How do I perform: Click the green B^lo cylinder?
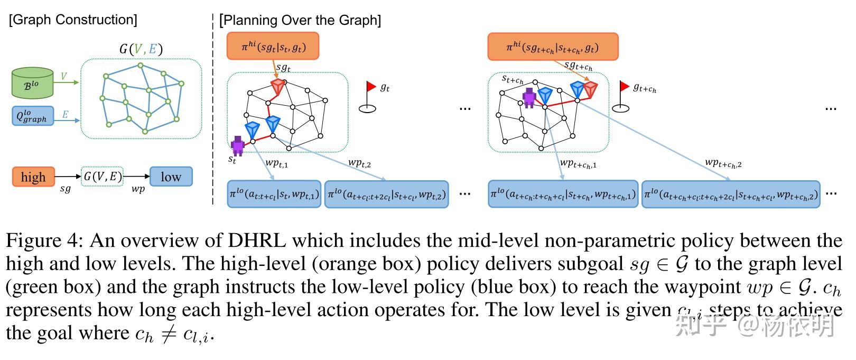pos(32,83)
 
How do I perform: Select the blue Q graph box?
pos(32,116)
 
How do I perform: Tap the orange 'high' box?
pos(33,177)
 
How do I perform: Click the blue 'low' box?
pos(171,177)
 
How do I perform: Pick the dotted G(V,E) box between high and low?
pos(103,177)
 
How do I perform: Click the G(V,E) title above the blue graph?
pos(141,49)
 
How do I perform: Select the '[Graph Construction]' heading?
pos(73,20)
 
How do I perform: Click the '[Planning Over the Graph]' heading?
pos(300,20)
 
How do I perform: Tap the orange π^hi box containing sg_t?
pos(273,47)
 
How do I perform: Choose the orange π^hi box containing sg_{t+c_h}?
pos(552,47)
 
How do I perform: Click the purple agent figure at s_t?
pos(238,145)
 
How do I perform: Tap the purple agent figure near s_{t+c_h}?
pos(529,97)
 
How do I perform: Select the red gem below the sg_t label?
pos(277,87)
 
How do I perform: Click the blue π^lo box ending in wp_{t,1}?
pos(274,194)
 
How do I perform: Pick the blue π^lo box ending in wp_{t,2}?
pos(386,195)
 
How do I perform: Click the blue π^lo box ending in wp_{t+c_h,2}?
pos(731,195)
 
